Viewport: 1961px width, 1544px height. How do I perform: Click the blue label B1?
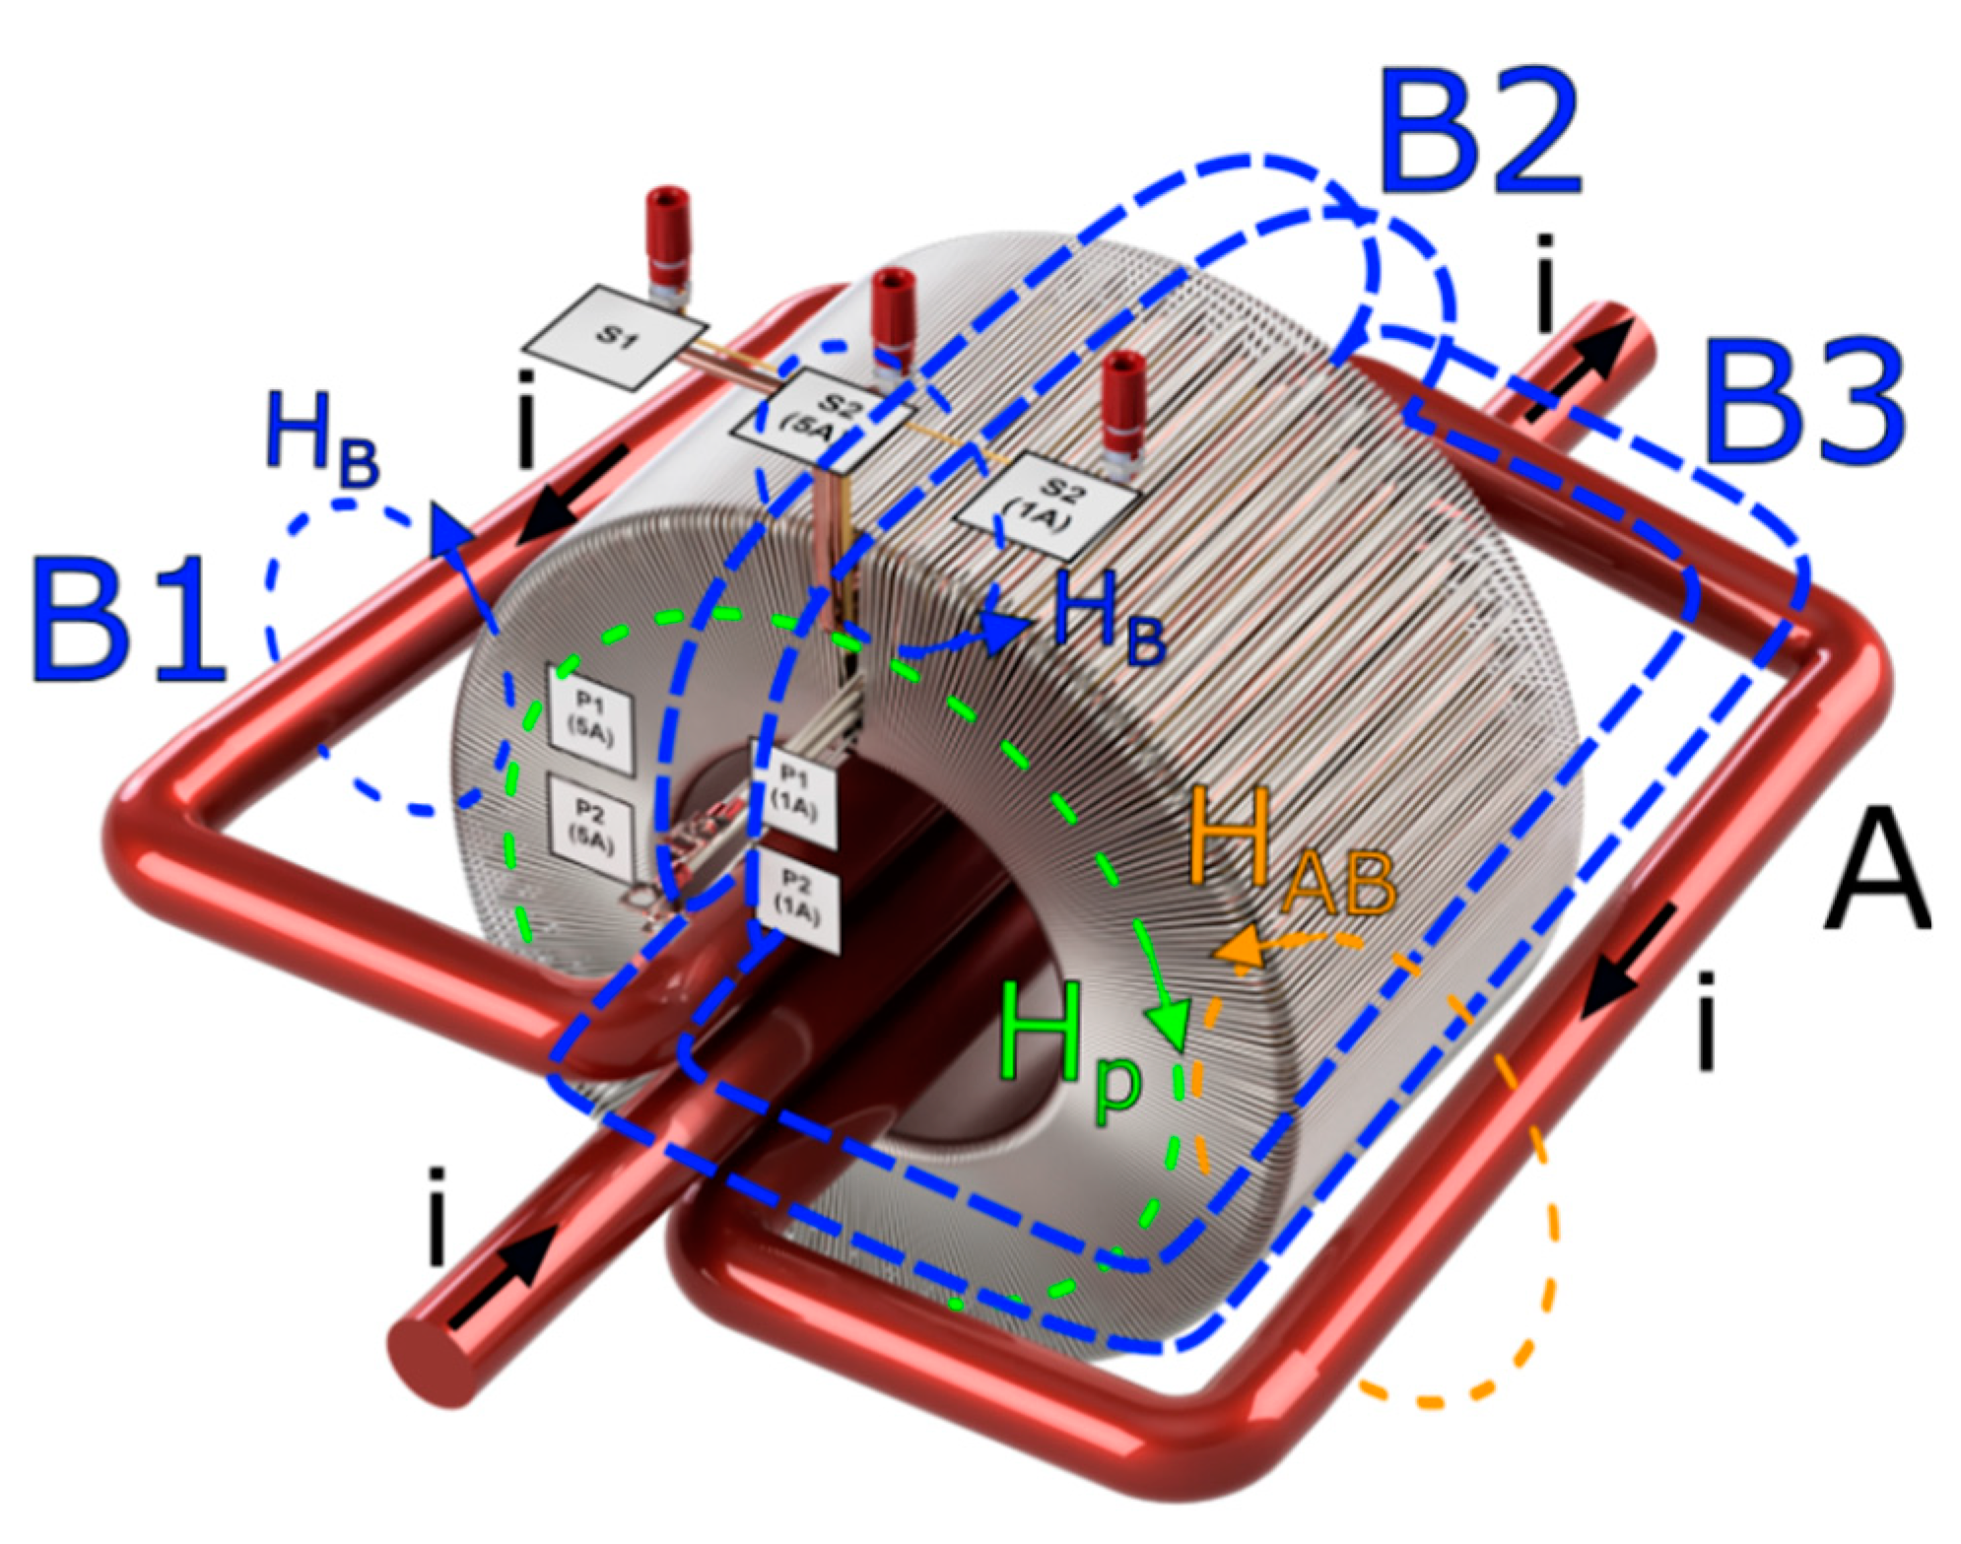(125, 620)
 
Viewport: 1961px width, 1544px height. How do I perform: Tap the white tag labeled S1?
(615, 337)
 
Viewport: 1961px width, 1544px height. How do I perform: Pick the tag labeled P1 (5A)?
(589, 717)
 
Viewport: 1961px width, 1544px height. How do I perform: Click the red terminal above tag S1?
(669, 232)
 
